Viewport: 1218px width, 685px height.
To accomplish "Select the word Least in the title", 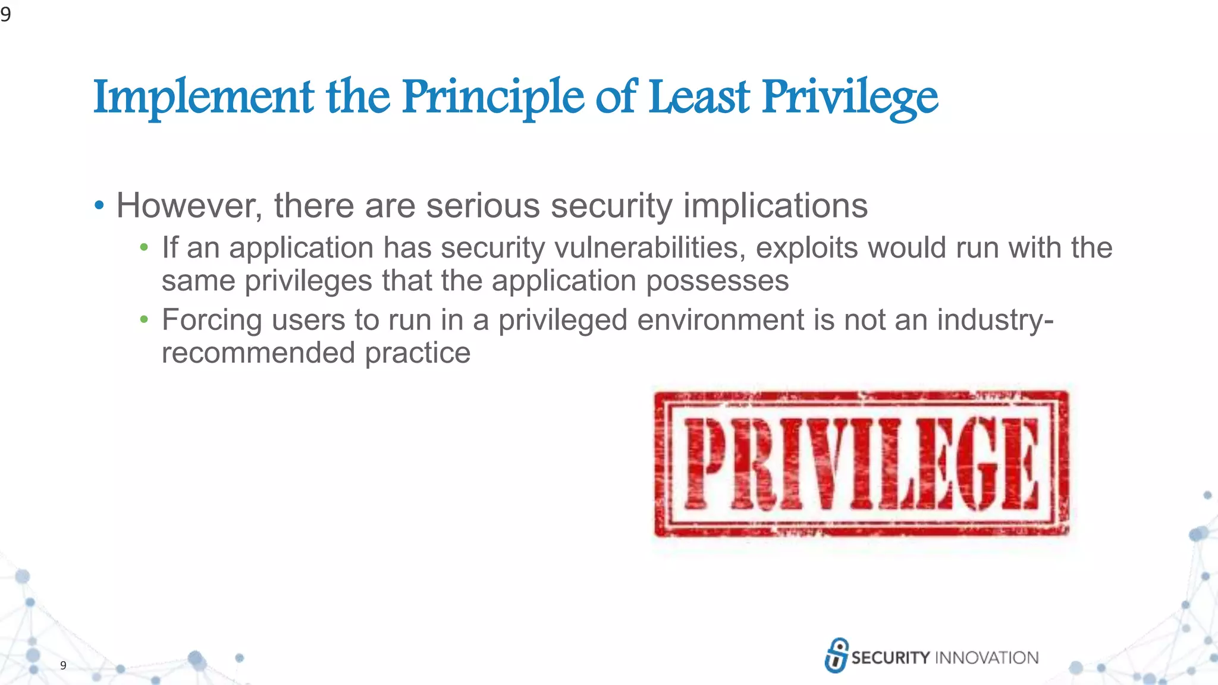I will pos(699,97).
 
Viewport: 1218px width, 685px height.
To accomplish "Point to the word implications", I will pos(776,206).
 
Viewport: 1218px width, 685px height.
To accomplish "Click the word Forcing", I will pos(212,320).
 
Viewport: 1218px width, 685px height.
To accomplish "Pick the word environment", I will pos(721,320).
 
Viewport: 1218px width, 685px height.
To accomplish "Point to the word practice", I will pos(417,353).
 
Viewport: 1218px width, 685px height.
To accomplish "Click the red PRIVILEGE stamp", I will pos(861,464).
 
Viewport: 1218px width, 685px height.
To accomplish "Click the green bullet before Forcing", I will pos(144,320).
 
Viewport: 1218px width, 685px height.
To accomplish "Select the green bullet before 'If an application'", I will pos(144,248).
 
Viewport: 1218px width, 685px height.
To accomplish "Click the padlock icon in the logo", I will pos(837,655).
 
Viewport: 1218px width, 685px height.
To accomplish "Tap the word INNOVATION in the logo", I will pos(987,658).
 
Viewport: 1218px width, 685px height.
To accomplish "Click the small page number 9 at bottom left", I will pos(63,665).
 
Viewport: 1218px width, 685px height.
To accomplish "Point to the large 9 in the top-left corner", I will pos(6,13).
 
